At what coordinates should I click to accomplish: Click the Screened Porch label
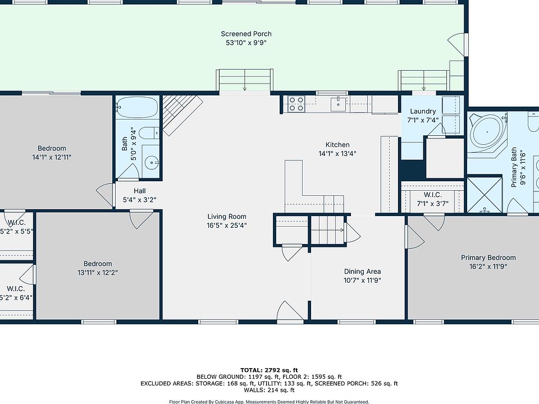pyautogui.click(x=246, y=34)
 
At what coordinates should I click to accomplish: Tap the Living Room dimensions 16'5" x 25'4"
pyautogui.click(x=227, y=226)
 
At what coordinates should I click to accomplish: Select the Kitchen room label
pyautogui.click(x=337, y=145)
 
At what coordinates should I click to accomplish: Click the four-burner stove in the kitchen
pyautogui.click(x=296, y=104)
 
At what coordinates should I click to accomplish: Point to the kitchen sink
pyautogui.click(x=338, y=104)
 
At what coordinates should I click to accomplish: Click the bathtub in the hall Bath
pyautogui.click(x=137, y=107)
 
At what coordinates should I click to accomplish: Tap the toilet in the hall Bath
pyautogui.click(x=150, y=132)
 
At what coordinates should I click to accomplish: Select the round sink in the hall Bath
pyautogui.click(x=151, y=163)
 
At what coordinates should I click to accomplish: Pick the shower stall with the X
pyautogui.click(x=485, y=195)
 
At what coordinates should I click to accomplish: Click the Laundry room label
pyautogui.click(x=423, y=111)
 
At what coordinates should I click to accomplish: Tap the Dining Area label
pyautogui.click(x=362, y=271)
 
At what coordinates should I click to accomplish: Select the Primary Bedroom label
pyautogui.click(x=488, y=258)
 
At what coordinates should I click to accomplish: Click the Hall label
pyautogui.click(x=140, y=191)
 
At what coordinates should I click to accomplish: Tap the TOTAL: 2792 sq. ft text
pyautogui.click(x=269, y=370)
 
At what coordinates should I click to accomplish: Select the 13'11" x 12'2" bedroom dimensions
pyautogui.click(x=98, y=273)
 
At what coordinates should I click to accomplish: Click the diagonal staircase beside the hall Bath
pyautogui.click(x=182, y=114)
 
